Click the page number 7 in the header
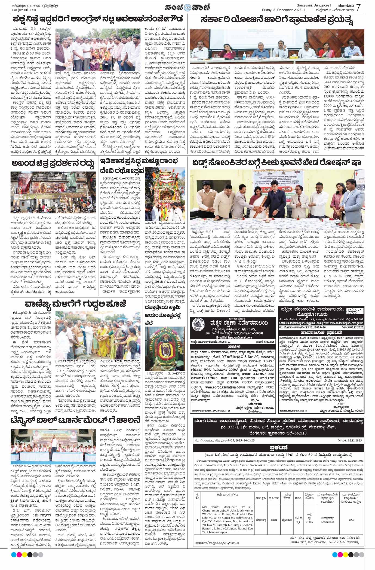pyautogui.click(x=358, y=7)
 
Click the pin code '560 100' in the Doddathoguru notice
pyautogui.click(x=357, y=319)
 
